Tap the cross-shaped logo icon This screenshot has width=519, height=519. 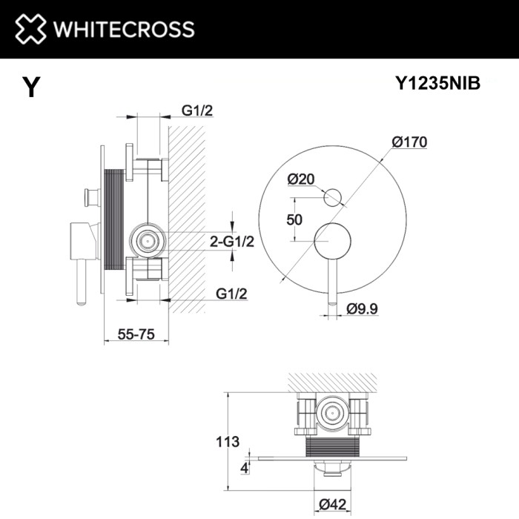click(27, 29)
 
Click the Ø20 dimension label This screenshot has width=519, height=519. click(301, 179)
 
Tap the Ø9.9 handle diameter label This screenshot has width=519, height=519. click(362, 310)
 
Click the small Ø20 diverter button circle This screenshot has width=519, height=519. click(332, 196)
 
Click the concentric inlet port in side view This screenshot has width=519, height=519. click(148, 240)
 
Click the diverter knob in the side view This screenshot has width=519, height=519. click(92, 196)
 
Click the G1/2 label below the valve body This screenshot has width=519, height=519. click(231, 294)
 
